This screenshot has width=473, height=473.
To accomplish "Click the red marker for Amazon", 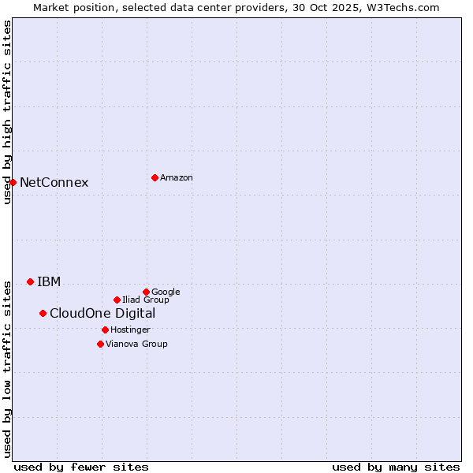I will click(155, 177).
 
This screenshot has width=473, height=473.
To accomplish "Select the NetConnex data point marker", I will click(13, 182).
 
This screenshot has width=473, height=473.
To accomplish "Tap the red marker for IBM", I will click(30, 281).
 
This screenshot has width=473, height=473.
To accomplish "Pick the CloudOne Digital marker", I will click(43, 313).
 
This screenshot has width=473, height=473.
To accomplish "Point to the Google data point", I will click(146, 292).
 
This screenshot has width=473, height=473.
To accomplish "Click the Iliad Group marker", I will click(117, 300).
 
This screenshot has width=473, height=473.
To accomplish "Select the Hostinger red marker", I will click(105, 330).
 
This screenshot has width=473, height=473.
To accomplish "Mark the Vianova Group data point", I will click(100, 344).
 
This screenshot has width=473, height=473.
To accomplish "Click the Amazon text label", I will click(177, 178).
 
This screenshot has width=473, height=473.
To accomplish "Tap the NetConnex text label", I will click(54, 183).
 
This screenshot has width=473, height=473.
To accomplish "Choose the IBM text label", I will click(49, 282).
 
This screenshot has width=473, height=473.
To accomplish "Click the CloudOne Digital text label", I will click(102, 314).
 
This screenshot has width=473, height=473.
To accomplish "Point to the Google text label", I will click(166, 292).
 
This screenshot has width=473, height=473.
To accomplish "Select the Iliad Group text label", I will click(146, 300).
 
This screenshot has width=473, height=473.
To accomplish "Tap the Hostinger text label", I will click(130, 330).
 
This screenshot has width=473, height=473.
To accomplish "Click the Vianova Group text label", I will click(136, 345).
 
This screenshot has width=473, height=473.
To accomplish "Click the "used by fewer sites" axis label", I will click(81, 467).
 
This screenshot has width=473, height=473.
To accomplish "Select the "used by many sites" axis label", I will click(396, 467).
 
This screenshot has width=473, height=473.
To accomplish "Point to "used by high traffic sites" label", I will click(7, 112).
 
